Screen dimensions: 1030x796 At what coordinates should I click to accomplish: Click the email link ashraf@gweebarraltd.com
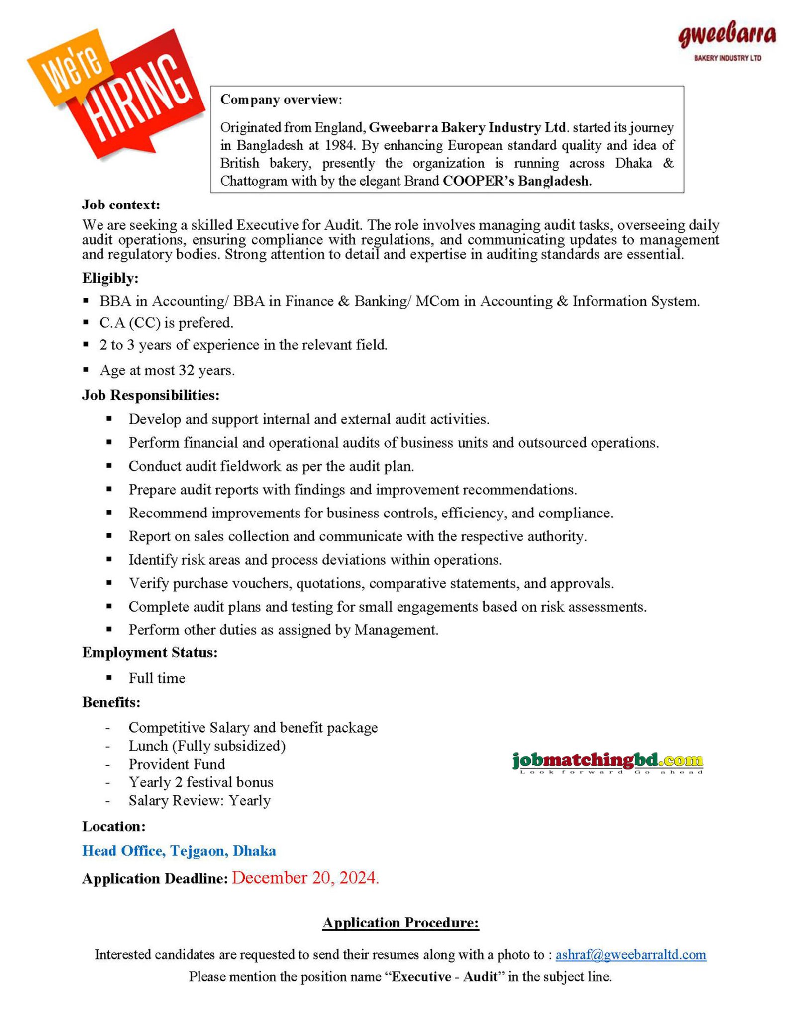point(630,954)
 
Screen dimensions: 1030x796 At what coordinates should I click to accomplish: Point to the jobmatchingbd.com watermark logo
point(607,761)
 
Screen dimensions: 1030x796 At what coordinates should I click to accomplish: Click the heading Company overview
point(281,100)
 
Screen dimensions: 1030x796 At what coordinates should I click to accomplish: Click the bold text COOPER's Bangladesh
point(517,181)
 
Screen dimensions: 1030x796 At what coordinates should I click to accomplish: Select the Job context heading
point(121,205)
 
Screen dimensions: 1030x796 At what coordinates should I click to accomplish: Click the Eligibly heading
point(110,278)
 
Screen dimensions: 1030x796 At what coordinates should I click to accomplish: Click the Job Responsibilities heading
point(151,395)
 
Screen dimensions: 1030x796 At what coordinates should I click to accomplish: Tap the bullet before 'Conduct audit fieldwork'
point(109,466)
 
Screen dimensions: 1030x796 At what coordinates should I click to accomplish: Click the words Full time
point(157,678)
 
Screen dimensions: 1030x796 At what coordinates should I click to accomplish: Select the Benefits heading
point(111,702)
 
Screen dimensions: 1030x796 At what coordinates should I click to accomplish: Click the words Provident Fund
point(177,764)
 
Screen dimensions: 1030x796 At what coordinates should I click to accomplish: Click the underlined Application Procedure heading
point(400,923)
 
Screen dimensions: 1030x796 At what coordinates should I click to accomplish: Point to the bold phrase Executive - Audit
point(444,976)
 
